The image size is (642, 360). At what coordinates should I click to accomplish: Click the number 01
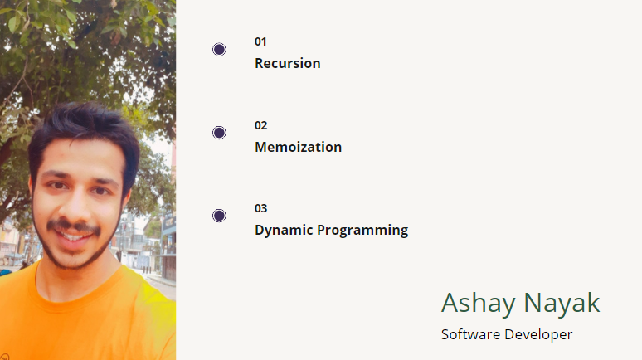pyautogui.click(x=260, y=41)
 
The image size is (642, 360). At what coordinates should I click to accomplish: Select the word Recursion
pyautogui.click(x=287, y=63)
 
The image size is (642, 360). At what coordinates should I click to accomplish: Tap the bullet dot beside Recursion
pyautogui.click(x=219, y=50)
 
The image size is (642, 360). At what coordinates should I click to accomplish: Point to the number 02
pyautogui.click(x=260, y=125)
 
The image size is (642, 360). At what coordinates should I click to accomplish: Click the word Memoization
pyautogui.click(x=298, y=147)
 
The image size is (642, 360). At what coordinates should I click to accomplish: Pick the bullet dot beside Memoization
pyautogui.click(x=219, y=133)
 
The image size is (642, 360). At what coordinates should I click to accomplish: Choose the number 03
pyautogui.click(x=260, y=208)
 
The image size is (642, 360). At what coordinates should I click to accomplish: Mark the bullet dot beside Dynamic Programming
pyautogui.click(x=219, y=216)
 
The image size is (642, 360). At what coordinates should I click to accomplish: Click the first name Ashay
pyautogui.click(x=479, y=304)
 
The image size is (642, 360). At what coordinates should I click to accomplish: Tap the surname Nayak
pyautogui.click(x=562, y=303)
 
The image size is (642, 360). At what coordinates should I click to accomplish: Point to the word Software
pyautogui.click(x=470, y=334)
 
